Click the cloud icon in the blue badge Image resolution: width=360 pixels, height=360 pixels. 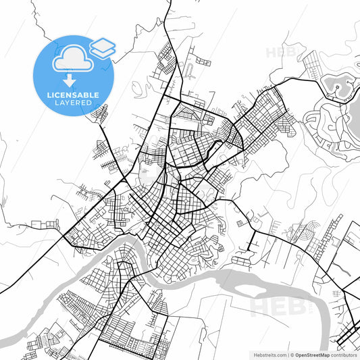tap(71, 59)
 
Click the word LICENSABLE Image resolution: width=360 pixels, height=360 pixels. tap(74, 94)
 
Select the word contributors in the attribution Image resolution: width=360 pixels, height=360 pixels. tap(345, 353)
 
